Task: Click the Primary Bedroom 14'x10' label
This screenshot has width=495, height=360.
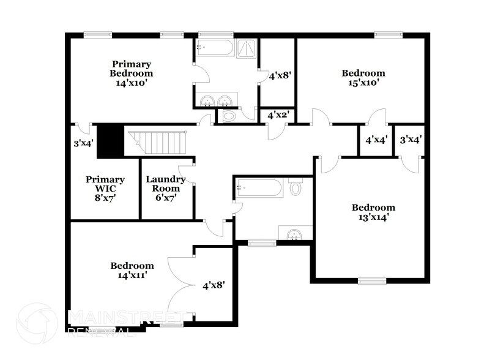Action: pos(131,73)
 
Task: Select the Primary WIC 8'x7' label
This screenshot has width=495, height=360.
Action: pos(105,189)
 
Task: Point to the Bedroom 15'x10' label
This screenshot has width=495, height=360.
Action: pos(363,78)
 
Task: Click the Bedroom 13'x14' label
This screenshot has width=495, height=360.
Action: pos(373,212)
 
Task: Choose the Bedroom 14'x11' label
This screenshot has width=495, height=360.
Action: pos(132,271)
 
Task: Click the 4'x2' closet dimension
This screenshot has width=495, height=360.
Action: pos(278,114)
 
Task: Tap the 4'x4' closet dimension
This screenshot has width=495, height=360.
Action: pos(376,140)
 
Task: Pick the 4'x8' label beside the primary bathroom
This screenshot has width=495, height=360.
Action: pos(279,76)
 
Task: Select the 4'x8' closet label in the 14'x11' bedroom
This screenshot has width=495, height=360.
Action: pos(214,285)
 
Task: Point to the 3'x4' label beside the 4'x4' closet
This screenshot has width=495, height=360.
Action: pos(411,140)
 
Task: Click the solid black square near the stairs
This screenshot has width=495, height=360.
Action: pos(111,141)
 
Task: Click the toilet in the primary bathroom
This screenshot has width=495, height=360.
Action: pos(229,116)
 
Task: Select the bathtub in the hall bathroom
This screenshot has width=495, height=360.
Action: pos(260,187)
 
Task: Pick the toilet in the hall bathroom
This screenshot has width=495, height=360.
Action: pos(296,186)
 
